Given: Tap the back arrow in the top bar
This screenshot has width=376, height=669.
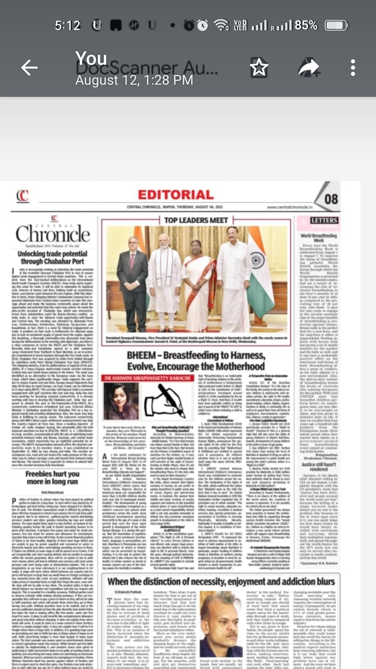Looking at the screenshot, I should click(29, 68).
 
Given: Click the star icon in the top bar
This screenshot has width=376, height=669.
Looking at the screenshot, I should click(259, 67).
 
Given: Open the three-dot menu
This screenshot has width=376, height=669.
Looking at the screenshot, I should click(353, 68).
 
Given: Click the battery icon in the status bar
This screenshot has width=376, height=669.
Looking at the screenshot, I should click(336, 25).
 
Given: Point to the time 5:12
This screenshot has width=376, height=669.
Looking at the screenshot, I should click(68, 25).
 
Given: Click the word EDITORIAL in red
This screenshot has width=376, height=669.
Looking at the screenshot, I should click(176, 195).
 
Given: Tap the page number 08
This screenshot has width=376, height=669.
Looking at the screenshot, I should click(331, 199).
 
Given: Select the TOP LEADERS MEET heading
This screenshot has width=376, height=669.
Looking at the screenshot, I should click(196, 220).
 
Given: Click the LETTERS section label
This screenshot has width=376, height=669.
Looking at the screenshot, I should click(324, 221).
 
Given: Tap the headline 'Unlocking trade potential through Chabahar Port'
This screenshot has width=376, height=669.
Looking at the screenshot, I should click(53, 257).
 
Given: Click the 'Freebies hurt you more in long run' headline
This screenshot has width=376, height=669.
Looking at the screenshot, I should click(53, 478).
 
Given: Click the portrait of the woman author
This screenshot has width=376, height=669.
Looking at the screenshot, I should click(121, 401).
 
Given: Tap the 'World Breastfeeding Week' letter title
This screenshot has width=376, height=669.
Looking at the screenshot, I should click(319, 238).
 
